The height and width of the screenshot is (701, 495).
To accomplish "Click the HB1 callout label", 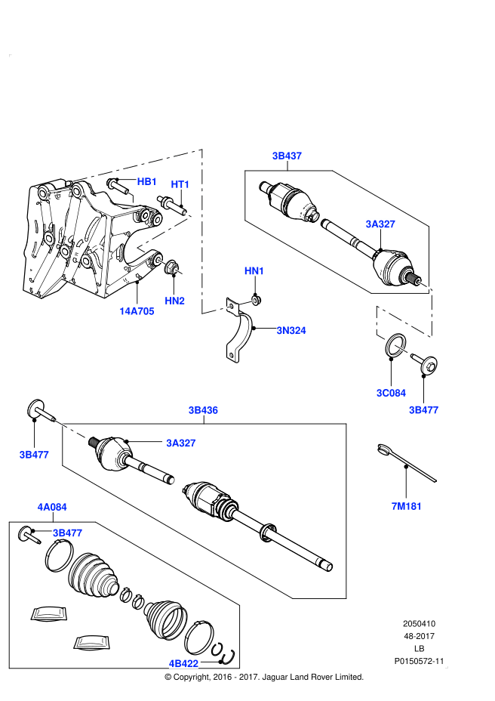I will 146,182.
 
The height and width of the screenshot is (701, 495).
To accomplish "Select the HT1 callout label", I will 180,184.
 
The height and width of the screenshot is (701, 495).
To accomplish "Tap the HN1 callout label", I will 254,271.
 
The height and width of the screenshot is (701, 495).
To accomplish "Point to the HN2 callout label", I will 175,301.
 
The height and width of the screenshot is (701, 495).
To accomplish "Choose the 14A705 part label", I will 137,310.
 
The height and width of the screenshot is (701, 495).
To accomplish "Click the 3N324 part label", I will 291,330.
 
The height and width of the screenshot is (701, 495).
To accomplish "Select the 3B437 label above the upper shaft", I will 287,156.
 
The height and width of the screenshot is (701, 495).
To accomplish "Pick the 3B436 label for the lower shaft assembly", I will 203,410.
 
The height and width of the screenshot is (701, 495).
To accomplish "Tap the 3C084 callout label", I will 391,393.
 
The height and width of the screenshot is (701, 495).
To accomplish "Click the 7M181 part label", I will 406,505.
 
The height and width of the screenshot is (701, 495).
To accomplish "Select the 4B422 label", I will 183,663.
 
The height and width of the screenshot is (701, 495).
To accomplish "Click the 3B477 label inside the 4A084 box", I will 67,533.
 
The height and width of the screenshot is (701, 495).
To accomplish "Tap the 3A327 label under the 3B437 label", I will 380,224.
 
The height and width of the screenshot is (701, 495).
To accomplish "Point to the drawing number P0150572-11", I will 419,662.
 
